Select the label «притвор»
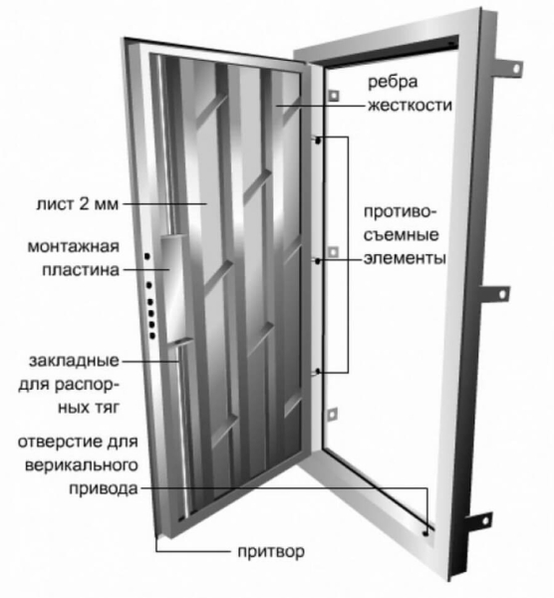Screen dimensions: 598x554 tap(269, 552)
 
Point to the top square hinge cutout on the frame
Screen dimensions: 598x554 tap(333, 95)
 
